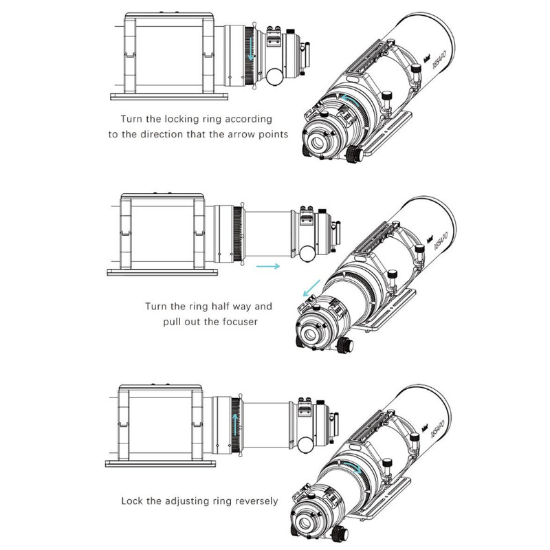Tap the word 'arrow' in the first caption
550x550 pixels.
(235, 133)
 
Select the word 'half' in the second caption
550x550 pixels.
(227, 307)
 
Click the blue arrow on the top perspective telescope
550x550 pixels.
(348, 101)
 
